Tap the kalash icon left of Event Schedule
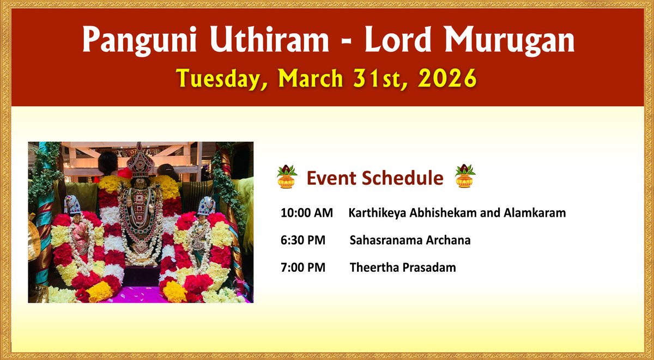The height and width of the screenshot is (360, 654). click(x=287, y=177)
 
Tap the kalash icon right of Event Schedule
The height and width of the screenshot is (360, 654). click(x=465, y=177)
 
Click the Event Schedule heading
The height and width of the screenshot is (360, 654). click(x=375, y=178)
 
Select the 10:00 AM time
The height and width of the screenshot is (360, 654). click(x=306, y=213)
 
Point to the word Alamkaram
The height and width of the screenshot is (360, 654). click(x=538, y=213)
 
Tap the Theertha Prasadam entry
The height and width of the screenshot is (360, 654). click(x=403, y=267)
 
